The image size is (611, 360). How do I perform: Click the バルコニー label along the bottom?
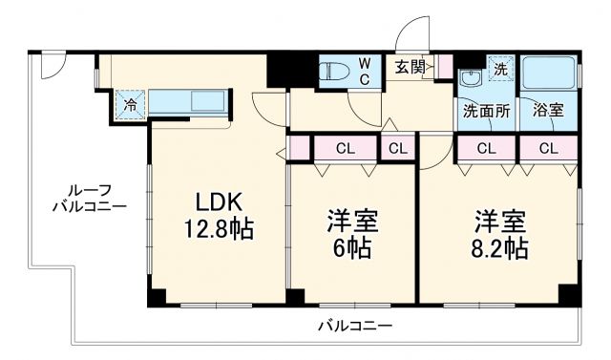(x=354, y=327)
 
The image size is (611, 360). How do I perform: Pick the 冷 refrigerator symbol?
(x=129, y=103)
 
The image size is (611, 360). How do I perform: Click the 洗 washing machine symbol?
(x=500, y=68)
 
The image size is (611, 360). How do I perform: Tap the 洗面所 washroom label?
(x=486, y=110)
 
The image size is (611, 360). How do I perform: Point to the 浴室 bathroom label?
(x=548, y=110)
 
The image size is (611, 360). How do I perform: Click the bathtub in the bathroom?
(x=549, y=73)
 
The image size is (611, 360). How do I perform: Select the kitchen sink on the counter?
(x=207, y=100)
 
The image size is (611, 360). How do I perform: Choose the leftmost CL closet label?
(x=346, y=148)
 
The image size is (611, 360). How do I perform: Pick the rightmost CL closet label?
(x=548, y=148)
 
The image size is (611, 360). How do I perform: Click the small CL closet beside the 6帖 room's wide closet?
(x=397, y=148)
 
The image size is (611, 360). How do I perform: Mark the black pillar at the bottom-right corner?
(x=570, y=295)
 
